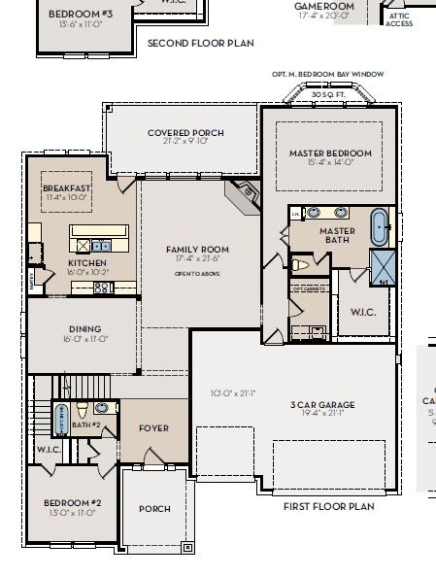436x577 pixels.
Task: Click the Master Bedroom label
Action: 330,153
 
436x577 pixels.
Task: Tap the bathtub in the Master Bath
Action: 379,226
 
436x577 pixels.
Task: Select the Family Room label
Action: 197,249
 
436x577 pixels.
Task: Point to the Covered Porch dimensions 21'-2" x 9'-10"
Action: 185,142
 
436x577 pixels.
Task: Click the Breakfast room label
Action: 67,187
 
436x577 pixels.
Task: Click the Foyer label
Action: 153,427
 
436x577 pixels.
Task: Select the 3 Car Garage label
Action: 323,404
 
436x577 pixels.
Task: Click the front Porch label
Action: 154,508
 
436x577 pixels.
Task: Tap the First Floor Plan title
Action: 328,506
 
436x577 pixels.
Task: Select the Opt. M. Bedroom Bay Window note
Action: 328,74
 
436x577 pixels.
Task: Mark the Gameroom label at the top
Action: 325,6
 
